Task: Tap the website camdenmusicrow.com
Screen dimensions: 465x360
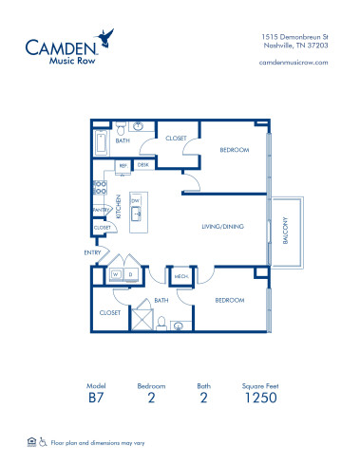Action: coord(293,62)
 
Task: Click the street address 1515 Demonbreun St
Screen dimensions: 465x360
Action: coord(295,35)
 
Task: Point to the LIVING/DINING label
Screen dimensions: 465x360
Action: coord(220,226)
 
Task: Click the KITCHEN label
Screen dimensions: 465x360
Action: coord(119,206)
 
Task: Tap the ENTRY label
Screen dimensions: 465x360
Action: coord(92,252)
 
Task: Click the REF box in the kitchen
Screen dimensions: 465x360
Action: coord(123,165)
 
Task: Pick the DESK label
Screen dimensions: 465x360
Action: coord(142,165)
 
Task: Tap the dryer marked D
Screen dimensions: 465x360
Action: coord(130,275)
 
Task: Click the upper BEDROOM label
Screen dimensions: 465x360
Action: coord(236,150)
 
